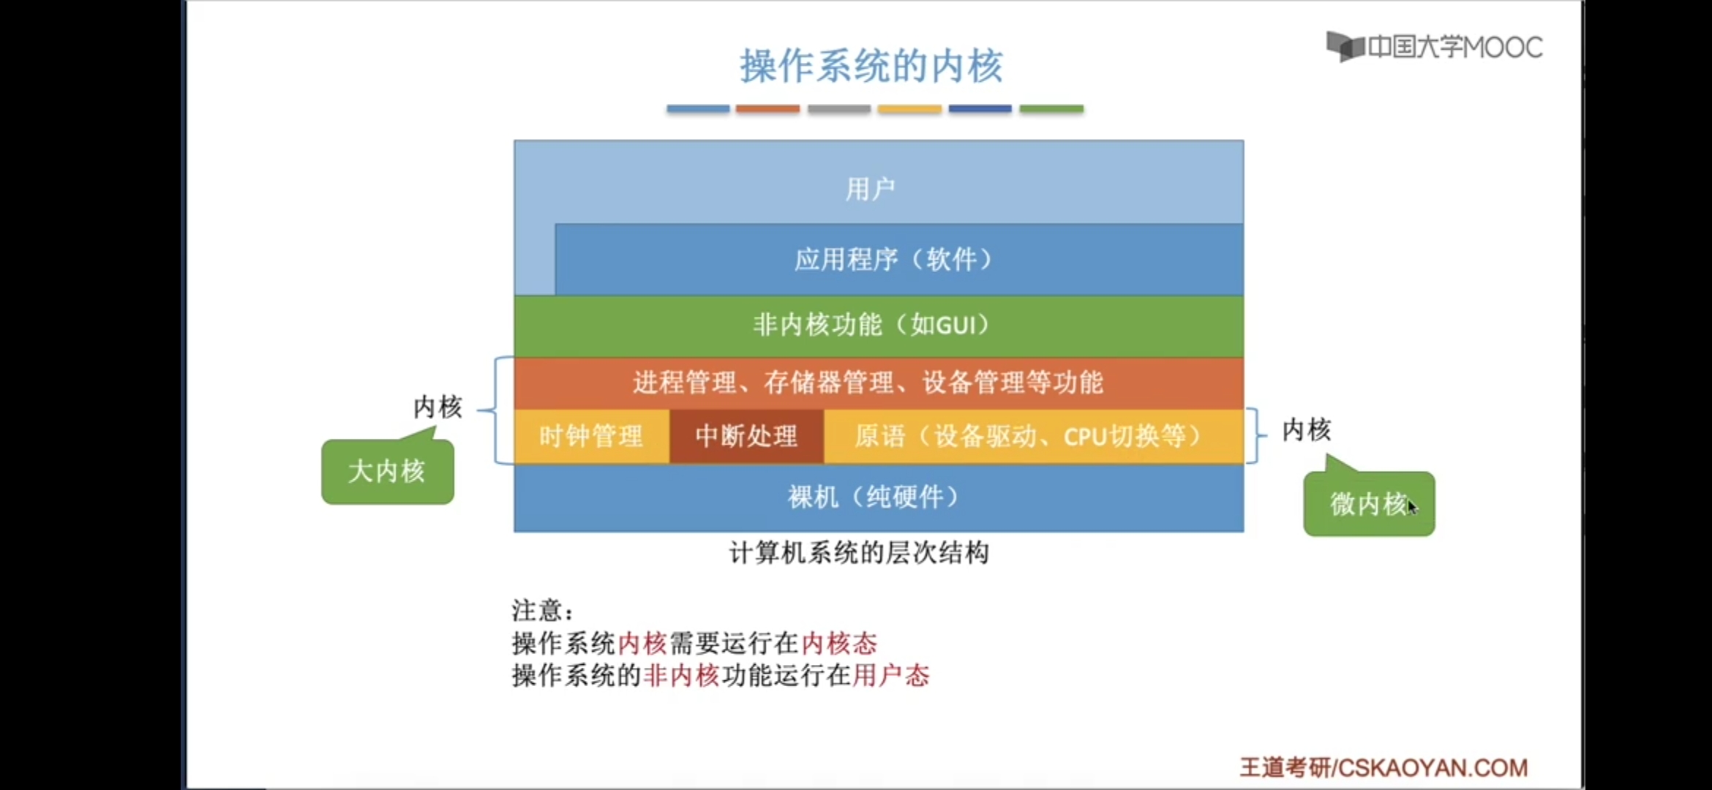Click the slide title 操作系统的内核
(871, 67)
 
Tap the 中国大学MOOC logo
(1435, 47)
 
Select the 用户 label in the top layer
(871, 189)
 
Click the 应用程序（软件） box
(899, 259)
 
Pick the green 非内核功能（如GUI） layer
(879, 326)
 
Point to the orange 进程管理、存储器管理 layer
(879, 383)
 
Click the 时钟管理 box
(591, 436)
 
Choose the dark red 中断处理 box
(746, 436)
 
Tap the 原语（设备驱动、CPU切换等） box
(1034, 436)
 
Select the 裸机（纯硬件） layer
(879, 497)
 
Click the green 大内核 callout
(387, 470)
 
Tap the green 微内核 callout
(1369, 503)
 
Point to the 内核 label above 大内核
(438, 407)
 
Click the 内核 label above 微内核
(1307, 429)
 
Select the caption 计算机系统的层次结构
(860, 553)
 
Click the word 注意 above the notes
(536, 609)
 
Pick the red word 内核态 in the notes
(839, 643)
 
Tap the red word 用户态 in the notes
(890, 674)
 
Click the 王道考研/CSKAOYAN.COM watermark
(1384, 767)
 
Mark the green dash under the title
(1051, 109)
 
